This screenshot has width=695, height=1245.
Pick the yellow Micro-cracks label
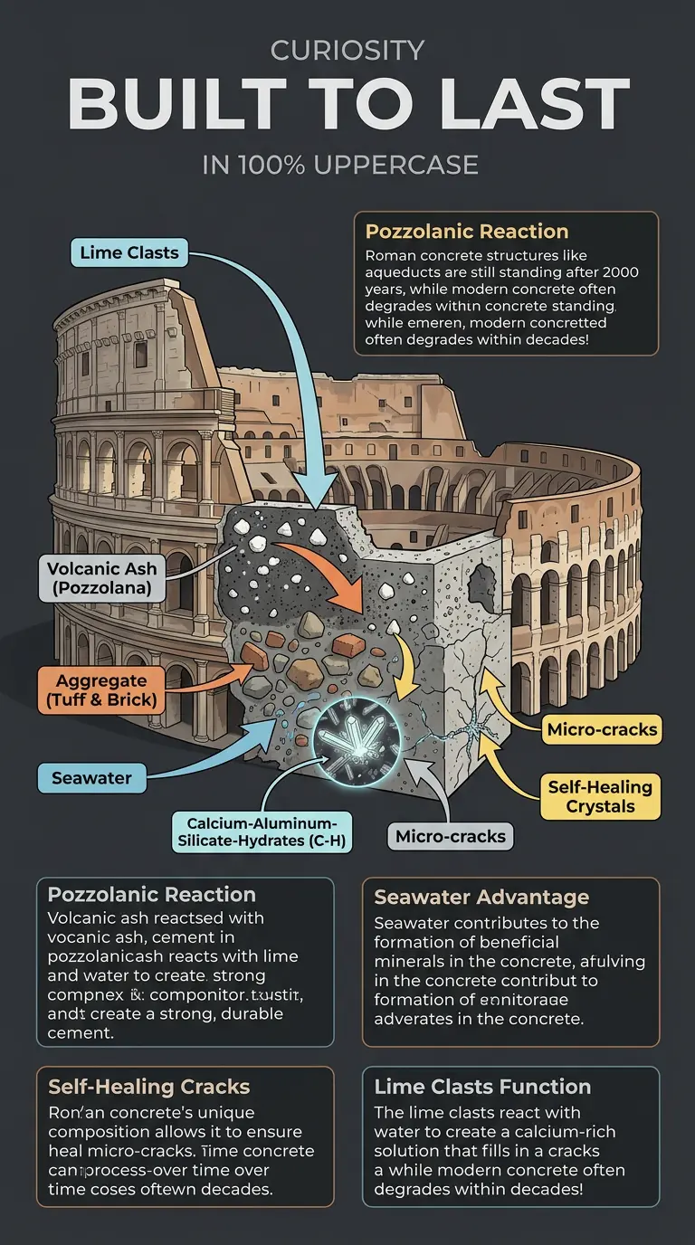[603, 729]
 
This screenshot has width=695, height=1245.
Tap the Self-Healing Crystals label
[601, 796]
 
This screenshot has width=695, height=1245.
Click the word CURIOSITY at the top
[347, 51]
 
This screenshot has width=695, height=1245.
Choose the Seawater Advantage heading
[481, 897]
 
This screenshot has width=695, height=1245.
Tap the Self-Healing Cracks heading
[148, 1086]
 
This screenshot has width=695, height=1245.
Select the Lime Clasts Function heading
[482, 1086]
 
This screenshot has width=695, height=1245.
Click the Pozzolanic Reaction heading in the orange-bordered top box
[467, 231]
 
